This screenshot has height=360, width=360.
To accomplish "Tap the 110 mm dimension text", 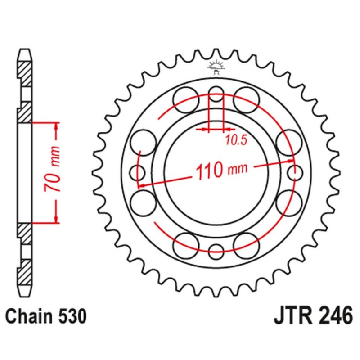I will click(221, 171).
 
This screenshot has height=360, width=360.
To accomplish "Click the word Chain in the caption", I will click(31, 316).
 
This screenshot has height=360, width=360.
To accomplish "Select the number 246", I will click(334, 316).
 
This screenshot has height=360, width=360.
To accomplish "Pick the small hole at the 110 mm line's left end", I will click(137, 172).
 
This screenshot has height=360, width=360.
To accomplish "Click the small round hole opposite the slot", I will click(216, 251).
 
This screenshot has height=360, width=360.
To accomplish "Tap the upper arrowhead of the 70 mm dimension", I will click(56, 126).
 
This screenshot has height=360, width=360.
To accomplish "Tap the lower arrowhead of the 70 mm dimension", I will click(56, 219).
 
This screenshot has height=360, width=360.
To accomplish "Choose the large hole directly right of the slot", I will click(246, 99).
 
